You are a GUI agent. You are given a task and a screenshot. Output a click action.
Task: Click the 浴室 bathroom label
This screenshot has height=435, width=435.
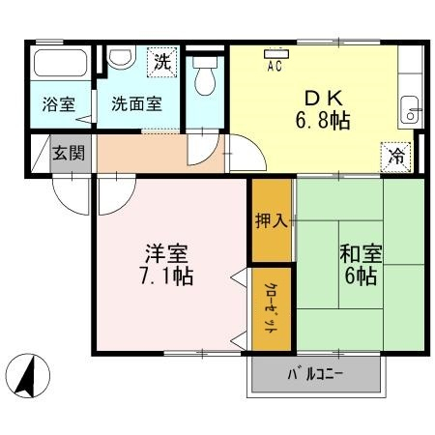[x=59, y=104]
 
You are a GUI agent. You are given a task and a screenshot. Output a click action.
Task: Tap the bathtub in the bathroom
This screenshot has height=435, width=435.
[x=60, y=63]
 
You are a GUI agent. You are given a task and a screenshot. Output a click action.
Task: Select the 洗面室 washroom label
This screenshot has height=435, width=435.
[x=136, y=103]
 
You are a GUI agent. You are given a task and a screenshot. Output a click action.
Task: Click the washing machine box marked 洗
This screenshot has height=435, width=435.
[x=162, y=62]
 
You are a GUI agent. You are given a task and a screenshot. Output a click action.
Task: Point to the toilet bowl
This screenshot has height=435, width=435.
[x=205, y=76]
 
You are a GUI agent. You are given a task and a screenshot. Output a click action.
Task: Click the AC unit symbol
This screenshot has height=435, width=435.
[x=276, y=54]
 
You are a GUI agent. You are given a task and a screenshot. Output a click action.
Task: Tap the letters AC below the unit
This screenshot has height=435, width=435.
[x=275, y=67]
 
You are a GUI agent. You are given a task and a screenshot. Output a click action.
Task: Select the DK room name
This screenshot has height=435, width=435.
[x=323, y=99]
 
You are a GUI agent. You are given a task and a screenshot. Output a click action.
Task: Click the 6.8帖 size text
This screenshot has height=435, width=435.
[x=323, y=120]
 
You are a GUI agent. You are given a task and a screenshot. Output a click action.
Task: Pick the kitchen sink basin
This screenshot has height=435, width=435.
[x=410, y=110]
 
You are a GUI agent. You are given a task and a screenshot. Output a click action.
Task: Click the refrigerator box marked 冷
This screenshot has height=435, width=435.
[x=396, y=157]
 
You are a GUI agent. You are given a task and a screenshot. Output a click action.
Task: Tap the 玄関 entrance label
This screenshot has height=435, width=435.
[x=69, y=153]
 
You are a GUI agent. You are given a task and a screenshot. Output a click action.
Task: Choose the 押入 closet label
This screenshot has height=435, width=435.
[x=271, y=220]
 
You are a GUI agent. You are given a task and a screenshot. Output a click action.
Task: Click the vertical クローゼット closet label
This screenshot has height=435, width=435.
[x=271, y=307]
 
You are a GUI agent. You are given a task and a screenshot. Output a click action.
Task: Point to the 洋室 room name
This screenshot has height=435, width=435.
[x=166, y=253]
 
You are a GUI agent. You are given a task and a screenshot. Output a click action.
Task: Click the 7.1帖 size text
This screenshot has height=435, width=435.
[x=166, y=275]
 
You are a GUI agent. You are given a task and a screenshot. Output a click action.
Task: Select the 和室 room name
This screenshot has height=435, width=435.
[x=361, y=253]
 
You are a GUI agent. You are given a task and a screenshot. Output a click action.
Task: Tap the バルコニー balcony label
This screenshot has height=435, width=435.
[x=315, y=374]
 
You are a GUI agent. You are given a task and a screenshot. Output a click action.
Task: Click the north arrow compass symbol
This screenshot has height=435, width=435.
[x=28, y=375]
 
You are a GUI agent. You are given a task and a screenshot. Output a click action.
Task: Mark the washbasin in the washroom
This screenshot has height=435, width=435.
[x=121, y=57]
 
